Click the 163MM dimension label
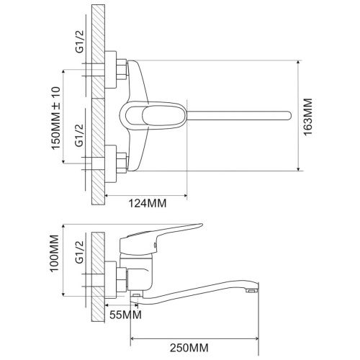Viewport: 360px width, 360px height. tap(308, 117)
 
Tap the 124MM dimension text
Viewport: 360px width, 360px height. tap(148, 203)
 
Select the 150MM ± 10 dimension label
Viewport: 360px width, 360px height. tap(55, 118)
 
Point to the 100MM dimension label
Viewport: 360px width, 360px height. tap(55, 253)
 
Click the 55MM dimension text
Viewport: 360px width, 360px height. tap(125, 315)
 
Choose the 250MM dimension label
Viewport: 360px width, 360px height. tap(189, 348)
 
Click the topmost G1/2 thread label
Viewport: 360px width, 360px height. tap(80, 42)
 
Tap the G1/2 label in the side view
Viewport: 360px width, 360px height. tap(80, 252)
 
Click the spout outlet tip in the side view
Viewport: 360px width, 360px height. tap(252, 291)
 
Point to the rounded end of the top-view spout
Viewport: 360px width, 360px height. tap(290, 115)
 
